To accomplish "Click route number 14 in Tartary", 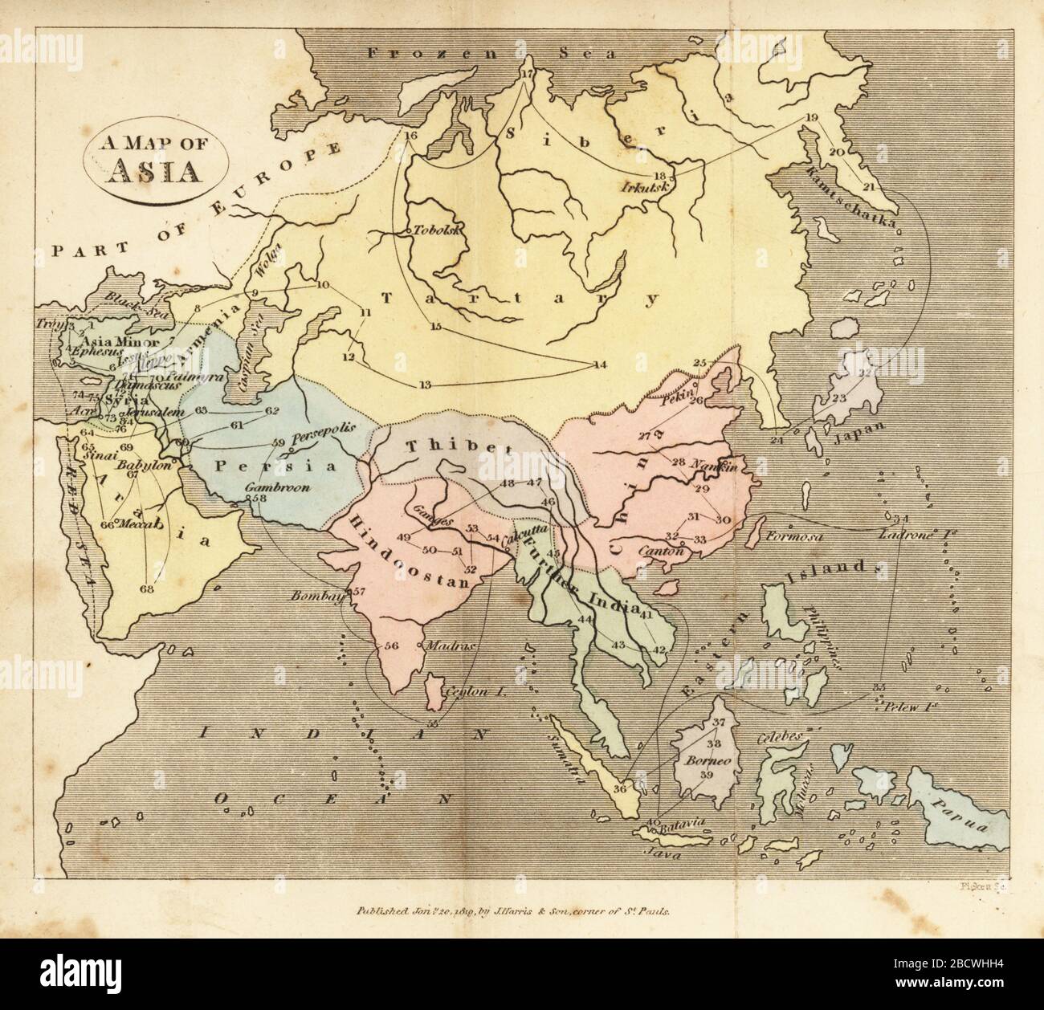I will [599, 365].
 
